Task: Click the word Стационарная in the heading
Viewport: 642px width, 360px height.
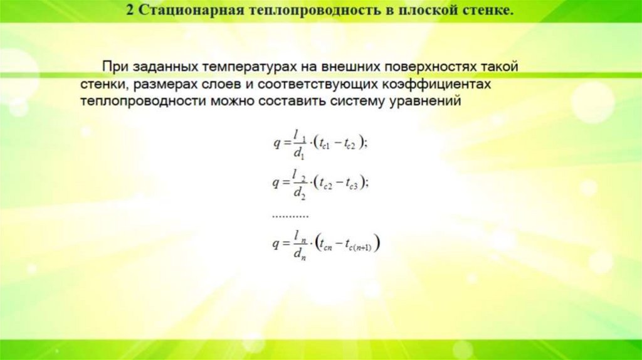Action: pos(182,11)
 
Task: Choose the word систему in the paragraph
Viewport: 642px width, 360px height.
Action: pos(377,101)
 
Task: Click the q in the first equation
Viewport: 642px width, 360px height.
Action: pos(276,142)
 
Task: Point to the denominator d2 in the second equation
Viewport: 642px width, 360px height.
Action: pos(298,193)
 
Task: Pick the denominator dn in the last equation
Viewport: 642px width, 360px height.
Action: pos(298,254)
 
